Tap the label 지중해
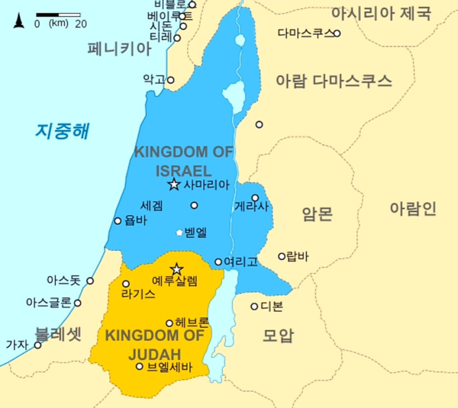click(62, 130)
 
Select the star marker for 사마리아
click(173, 185)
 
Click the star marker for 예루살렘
click(176, 269)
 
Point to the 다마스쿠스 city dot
click(337, 34)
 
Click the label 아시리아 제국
click(380, 13)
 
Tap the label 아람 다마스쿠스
click(334, 80)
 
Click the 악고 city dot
click(171, 79)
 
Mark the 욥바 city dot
click(118, 221)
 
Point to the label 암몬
click(317, 214)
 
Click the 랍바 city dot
click(282, 256)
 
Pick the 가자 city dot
click(37, 345)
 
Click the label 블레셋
click(57, 333)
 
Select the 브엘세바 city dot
click(139, 366)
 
